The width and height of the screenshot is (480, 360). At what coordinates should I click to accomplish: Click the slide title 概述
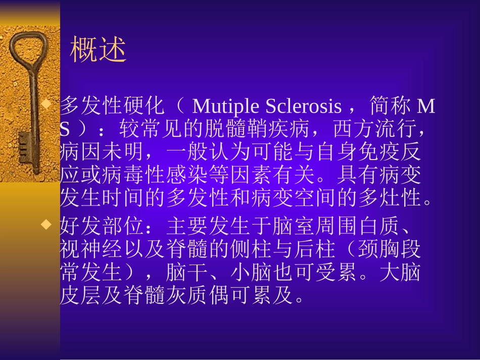pos(98,50)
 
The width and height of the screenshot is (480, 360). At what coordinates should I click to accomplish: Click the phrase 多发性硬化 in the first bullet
pos(113,107)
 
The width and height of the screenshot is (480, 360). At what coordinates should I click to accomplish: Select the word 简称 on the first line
pos(390,107)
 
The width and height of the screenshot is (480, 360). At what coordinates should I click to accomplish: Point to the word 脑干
pos(186,273)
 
